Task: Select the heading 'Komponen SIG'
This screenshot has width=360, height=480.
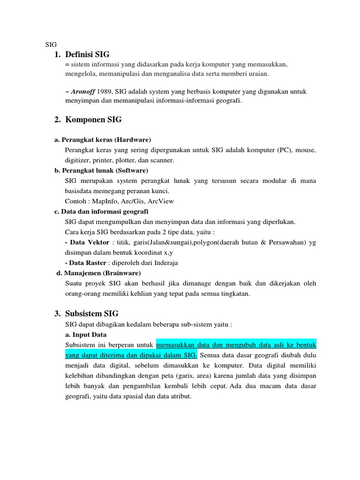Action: pyautogui.click(x=94, y=120)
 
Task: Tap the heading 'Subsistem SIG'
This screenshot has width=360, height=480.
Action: pyautogui.click(x=92, y=314)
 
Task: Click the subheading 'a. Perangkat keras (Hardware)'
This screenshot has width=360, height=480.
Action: pyautogui.click(x=103, y=140)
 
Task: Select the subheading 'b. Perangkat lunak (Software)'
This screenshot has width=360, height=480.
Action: pyautogui.click(x=101, y=170)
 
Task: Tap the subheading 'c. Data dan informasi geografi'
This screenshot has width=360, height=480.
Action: pyautogui.click(x=101, y=211)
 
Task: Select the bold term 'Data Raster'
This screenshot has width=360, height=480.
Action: pyautogui.click(x=88, y=262)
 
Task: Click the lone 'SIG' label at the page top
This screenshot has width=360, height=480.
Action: pyautogui.click(x=51, y=45)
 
